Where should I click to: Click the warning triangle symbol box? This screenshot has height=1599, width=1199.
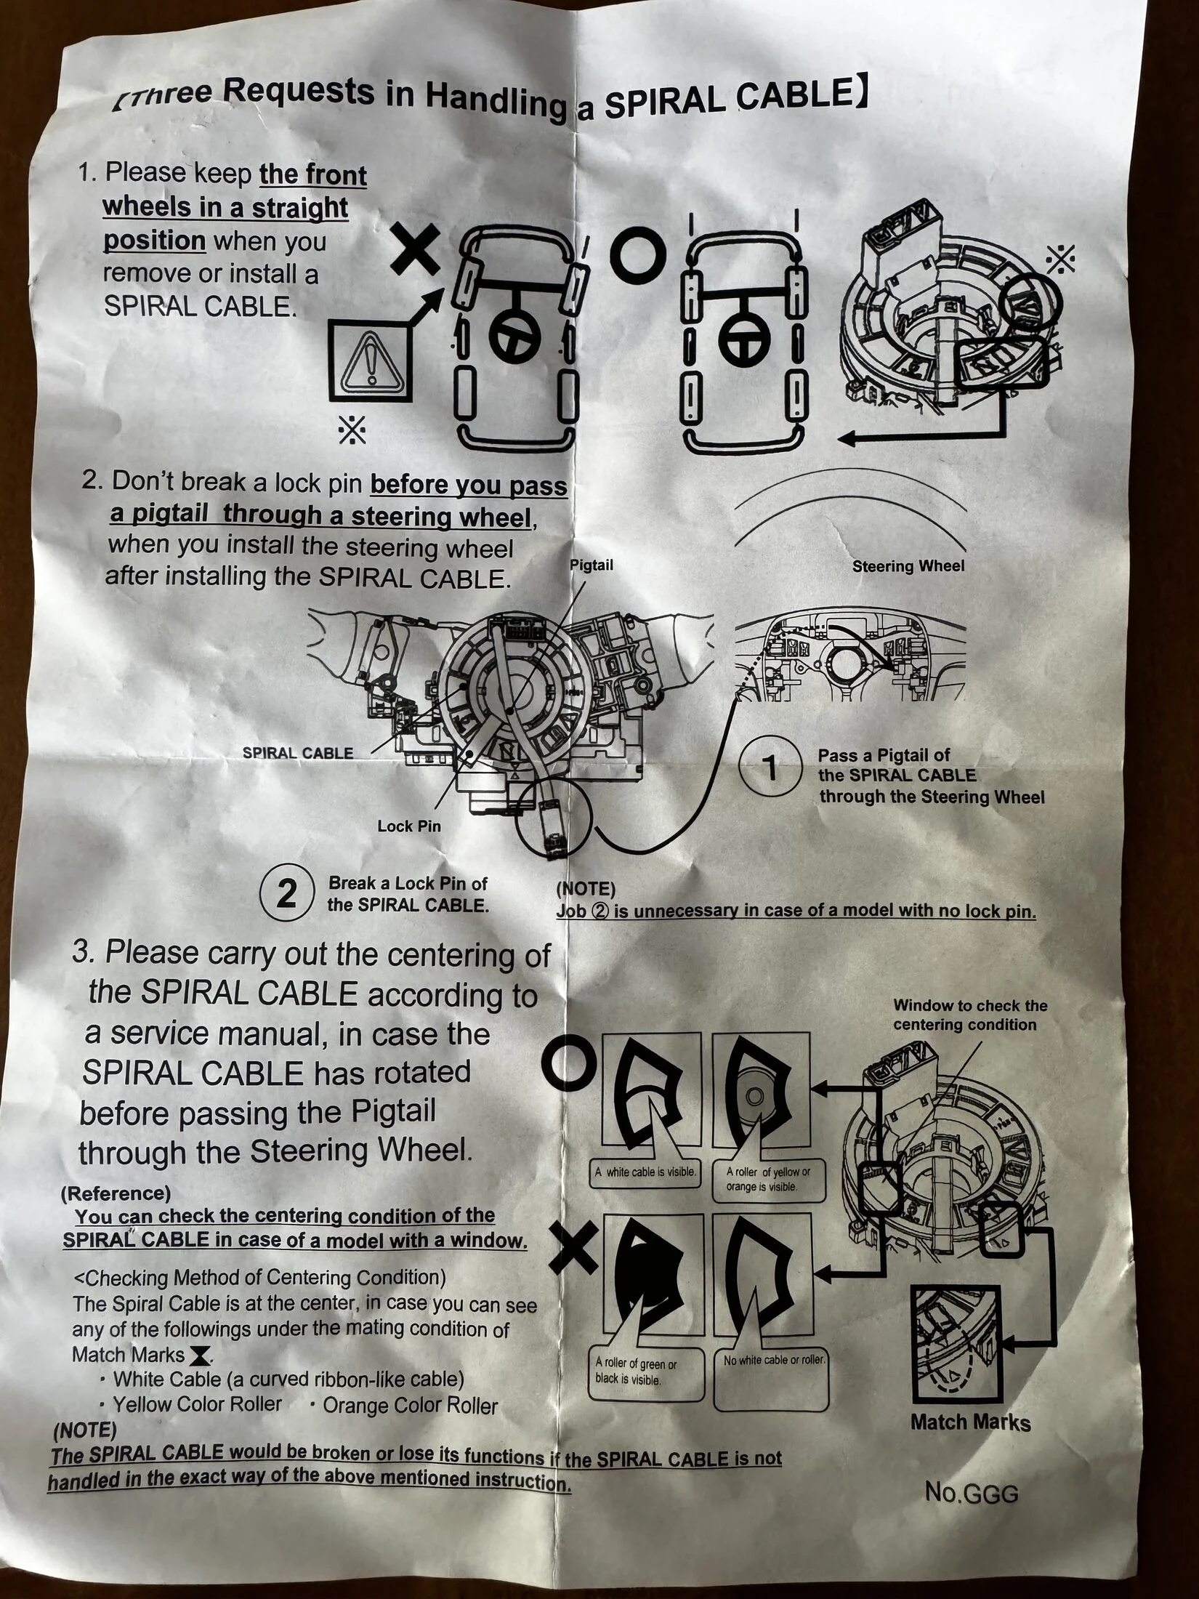371,361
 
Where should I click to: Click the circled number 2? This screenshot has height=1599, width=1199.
288,894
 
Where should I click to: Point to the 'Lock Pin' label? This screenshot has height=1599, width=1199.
409,826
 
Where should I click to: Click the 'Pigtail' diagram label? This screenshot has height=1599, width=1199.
592,565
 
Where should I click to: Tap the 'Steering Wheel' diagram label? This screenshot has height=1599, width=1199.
908,566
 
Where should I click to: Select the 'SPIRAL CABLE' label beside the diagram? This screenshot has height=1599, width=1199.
298,753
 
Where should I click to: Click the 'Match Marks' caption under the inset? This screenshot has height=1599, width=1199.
970,1422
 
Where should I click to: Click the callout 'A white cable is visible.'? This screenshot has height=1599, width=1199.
645,1172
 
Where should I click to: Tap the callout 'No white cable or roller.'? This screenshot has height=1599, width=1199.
775,1359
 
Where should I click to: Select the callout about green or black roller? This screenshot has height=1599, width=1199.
637,1371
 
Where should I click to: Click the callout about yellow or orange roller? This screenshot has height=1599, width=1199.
768,1179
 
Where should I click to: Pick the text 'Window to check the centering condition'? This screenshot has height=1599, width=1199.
970,1015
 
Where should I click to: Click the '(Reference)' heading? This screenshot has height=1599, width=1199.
116,1193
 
